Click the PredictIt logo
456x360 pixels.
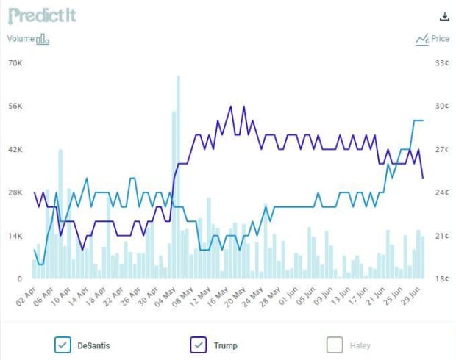[42, 15]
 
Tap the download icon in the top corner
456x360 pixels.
[443, 17]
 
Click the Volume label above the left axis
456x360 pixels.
[21, 39]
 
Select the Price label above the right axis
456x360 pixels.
[440, 39]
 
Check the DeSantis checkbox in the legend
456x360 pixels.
[63, 345]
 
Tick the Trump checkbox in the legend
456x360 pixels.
[198, 345]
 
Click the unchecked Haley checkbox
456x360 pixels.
[335, 345]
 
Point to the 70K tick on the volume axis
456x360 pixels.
[15, 62]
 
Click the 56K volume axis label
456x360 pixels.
[15, 106]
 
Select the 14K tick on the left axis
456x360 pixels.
[15, 236]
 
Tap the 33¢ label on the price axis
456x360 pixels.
[442, 62]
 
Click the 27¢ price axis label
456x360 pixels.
[442, 149]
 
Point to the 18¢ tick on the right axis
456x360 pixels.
[442, 279]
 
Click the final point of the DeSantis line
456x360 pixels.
[422, 120]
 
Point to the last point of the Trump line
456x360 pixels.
[422, 178]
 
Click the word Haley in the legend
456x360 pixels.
[360, 345]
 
